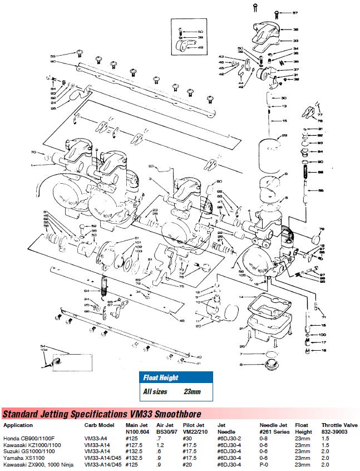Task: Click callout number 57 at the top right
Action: [x=295, y=12]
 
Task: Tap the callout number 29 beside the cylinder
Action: [x=284, y=136]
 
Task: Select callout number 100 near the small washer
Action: [x=322, y=334]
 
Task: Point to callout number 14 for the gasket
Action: [x=241, y=297]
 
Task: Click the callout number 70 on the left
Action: [x=33, y=151]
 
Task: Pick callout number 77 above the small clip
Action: [x=319, y=115]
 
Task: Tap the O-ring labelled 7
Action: [x=270, y=355]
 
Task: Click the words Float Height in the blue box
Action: [x=161, y=377]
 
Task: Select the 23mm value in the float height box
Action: [x=192, y=391]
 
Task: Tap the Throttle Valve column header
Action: [x=339, y=425]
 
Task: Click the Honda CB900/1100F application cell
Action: [x=31, y=438]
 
